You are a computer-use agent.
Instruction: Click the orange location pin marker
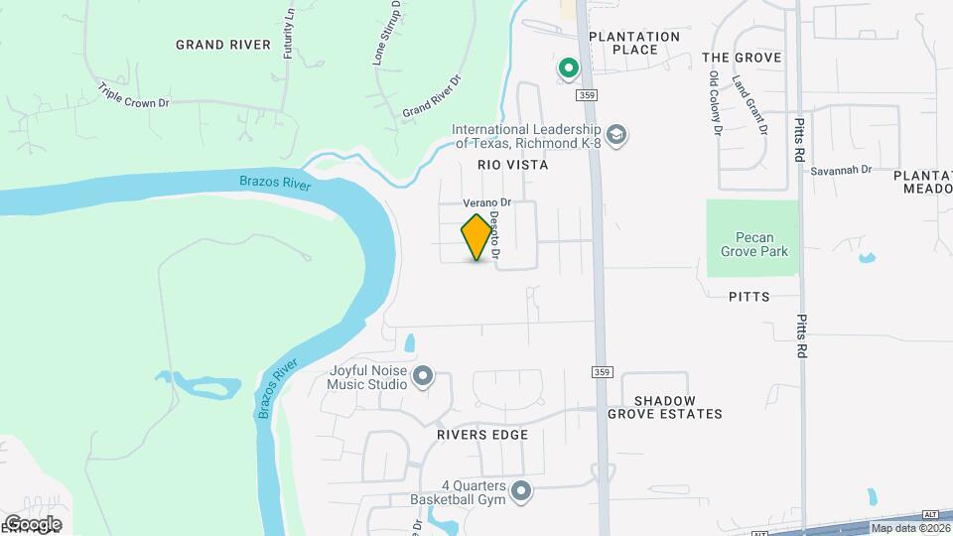477,237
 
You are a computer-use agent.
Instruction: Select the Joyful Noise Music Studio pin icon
424,376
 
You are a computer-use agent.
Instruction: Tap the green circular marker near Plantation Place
569,68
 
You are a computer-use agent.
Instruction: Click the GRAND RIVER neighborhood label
223,45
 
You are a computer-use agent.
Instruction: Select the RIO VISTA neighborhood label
512,166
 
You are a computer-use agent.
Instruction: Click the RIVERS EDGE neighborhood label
481,435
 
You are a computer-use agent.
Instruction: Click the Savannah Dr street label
840,170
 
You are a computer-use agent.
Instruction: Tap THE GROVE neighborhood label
742,58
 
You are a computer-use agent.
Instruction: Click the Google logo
32,524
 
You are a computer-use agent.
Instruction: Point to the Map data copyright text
908,528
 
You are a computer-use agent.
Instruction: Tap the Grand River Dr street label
433,96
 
